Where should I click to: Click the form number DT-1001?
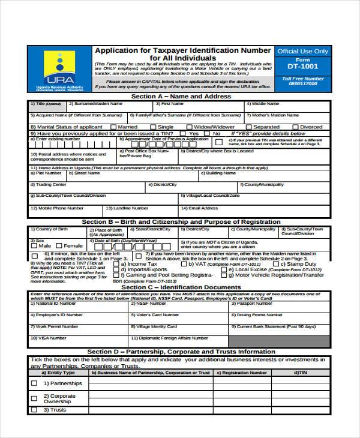click(302, 66)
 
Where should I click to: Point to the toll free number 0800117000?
click(302, 84)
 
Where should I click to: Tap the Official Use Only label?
click(302, 52)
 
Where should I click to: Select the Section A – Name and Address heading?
click(181, 96)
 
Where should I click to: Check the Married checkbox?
click(112, 127)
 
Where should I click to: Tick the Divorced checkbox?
click(295, 127)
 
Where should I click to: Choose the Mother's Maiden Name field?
click(287, 118)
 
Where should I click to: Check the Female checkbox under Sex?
click(59, 246)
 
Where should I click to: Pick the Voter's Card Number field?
click(179, 319)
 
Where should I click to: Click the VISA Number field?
click(77, 342)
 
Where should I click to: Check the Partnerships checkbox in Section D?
click(34, 383)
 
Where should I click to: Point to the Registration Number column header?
click(242, 373)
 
